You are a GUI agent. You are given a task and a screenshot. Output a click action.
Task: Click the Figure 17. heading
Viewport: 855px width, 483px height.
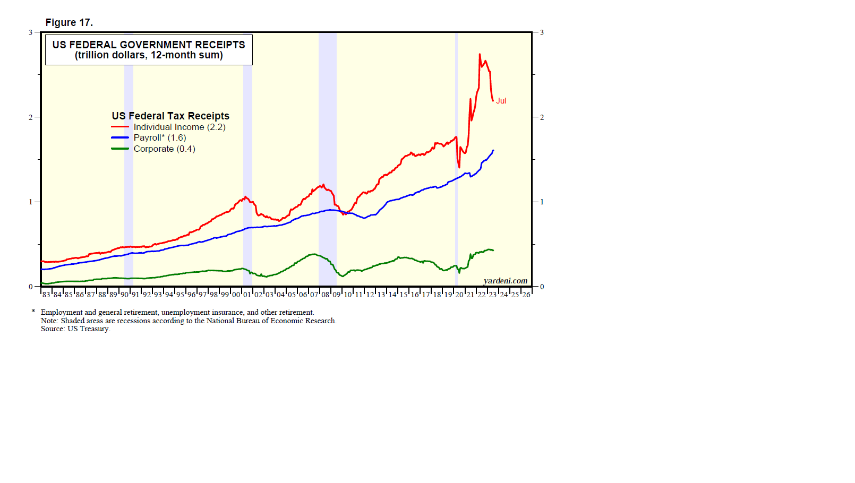[69, 22]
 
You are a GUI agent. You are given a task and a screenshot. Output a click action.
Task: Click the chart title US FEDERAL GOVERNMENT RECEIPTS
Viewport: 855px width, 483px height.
[149, 45]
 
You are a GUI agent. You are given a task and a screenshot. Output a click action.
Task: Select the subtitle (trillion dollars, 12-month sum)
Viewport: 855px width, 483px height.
[149, 55]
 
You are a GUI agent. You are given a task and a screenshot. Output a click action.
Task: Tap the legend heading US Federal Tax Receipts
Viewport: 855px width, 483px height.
[170, 116]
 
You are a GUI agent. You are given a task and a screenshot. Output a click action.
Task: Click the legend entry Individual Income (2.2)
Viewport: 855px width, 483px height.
[179, 127]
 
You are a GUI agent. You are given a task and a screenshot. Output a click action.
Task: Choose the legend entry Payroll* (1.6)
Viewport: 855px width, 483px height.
[159, 138]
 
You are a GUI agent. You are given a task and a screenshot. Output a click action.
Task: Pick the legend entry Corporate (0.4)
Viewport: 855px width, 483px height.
[164, 149]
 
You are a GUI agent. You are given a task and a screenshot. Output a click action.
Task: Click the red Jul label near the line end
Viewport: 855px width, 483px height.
[501, 101]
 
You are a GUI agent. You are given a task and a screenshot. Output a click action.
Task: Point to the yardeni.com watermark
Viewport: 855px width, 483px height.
[506, 281]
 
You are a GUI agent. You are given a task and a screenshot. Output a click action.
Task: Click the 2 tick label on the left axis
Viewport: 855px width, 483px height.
[31, 117]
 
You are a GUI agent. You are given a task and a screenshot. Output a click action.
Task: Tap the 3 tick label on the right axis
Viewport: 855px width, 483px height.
[542, 32]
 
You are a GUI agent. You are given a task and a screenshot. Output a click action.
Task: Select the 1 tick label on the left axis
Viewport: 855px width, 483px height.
[31, 202]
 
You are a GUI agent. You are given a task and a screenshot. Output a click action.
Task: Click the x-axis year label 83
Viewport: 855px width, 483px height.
[46, 295]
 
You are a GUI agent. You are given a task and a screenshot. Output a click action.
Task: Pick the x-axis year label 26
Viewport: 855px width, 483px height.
[526, 295]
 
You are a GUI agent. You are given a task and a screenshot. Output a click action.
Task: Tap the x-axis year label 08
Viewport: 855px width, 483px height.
[325, 295]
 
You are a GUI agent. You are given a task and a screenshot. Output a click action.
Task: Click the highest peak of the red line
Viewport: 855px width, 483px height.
[480, 54]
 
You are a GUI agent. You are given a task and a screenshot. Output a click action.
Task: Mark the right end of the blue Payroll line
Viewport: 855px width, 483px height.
[493, 150]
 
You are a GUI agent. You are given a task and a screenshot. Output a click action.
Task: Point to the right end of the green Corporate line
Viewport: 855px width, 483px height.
[493, 250]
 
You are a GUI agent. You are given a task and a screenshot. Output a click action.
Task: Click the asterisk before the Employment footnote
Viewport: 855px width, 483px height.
[33, 312]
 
